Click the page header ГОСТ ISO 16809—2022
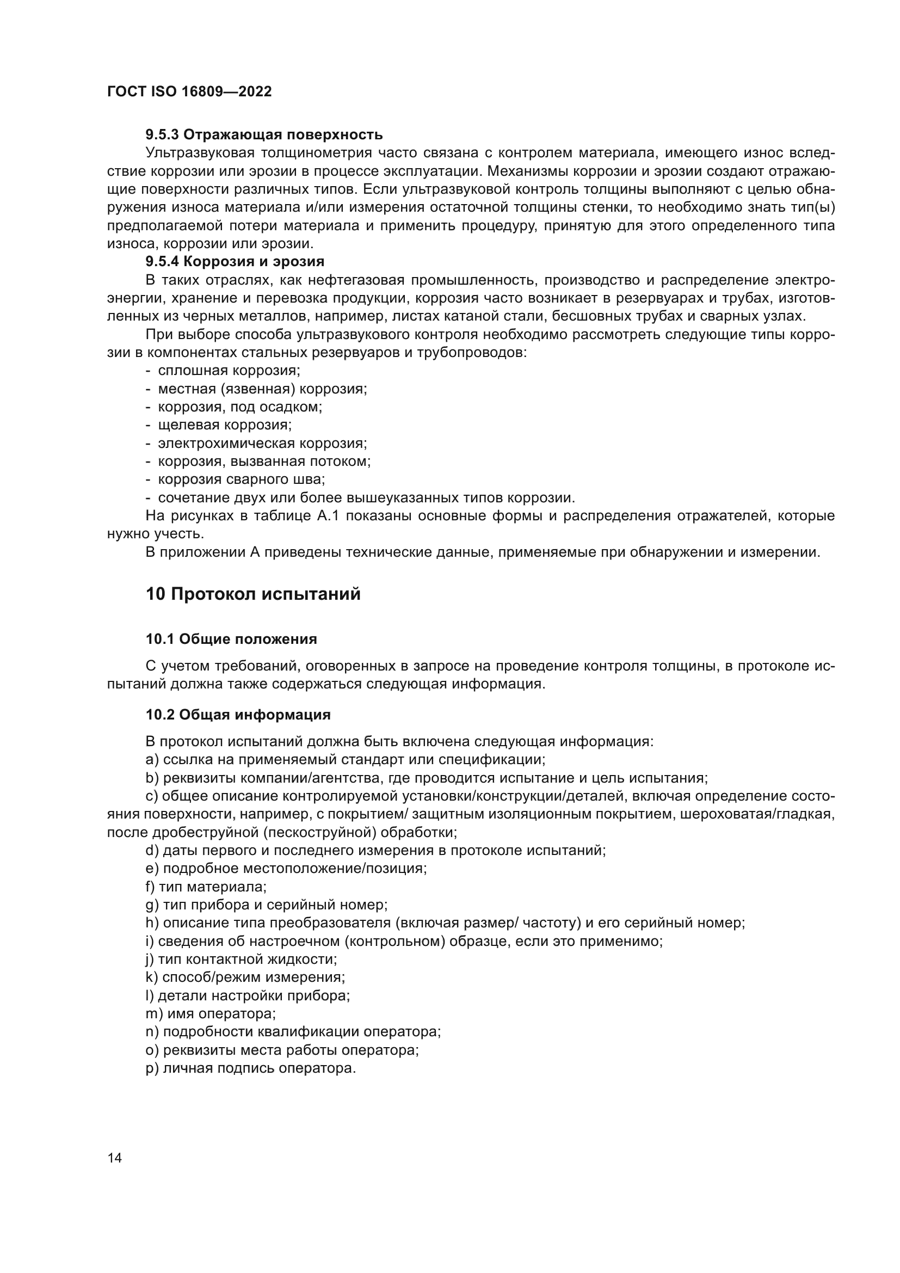click(x=189, y=92)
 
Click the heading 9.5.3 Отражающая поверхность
click(x=264, y=135)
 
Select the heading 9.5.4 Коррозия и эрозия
click(x=235, y=261)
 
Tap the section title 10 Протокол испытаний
click(x=252, y=594)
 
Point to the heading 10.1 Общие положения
click(x=231, y=639)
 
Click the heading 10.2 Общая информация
click(x=238, y=715)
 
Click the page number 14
click(x=115, y=1158)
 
